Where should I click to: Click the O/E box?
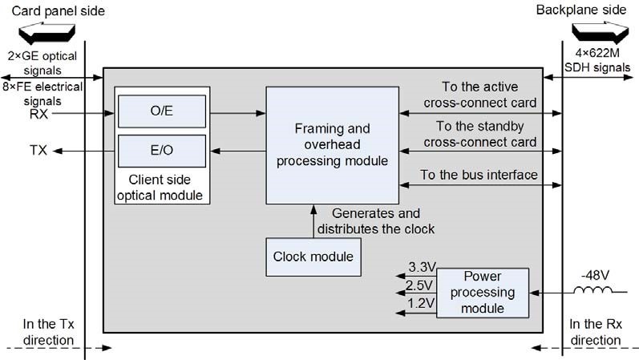[x=162, y=111]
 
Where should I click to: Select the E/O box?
[x=162, y=151]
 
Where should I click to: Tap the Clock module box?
[x=313, y=257]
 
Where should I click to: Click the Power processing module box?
[x=483, y=293]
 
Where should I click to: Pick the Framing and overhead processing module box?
[x=332, y=145]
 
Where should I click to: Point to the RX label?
[x=38, y=114]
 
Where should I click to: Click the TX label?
[x=38, y=150]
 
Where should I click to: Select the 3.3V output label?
[x=423, y=267]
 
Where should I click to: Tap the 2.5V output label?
[x=419, y=285]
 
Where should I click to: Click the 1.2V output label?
[x=421, y=303]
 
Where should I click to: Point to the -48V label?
[x=595, y=275]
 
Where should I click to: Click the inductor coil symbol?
[x=593, y=289]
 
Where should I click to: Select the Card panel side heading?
[x=59, y=11]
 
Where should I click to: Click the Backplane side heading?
[x=581, y=10]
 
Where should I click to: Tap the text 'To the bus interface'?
[x=479, y=175]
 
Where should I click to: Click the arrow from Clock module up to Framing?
[x=313, y=221]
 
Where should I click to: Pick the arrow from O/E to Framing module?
[x=238, y=113]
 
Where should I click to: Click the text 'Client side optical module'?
[x=160, y=188]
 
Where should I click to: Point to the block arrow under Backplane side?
[x=600, y=33]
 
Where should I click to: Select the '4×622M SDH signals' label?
[x=597, y=60]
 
